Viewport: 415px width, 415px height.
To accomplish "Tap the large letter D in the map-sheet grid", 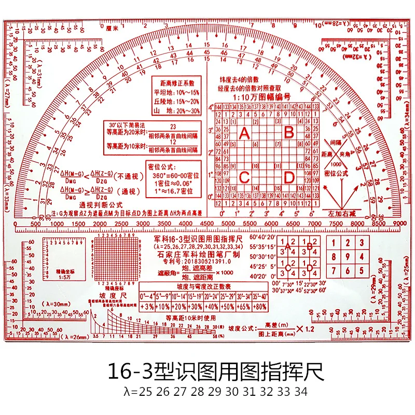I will click(x=289, y=177).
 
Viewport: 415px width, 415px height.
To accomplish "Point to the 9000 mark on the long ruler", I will click(x=398, y=224).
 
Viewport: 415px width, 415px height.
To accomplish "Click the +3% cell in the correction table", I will click(x=147, y=307).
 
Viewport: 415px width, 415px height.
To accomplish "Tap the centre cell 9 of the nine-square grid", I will click(x=346, y=257).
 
